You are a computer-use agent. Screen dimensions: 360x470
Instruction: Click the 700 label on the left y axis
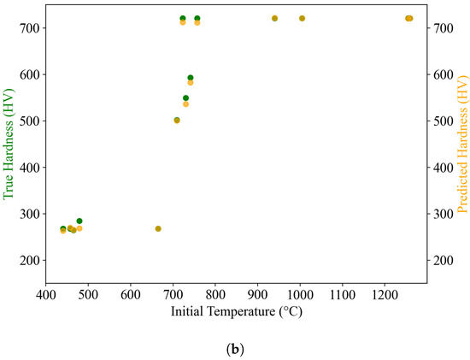[29, 28]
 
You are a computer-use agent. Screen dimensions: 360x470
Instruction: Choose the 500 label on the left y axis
[29, 121]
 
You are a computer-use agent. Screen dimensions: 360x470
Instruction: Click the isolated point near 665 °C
[158, 228]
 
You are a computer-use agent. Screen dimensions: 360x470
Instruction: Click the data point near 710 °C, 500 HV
[177, 120]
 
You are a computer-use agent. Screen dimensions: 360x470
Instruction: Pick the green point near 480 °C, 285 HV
[79, 221]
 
